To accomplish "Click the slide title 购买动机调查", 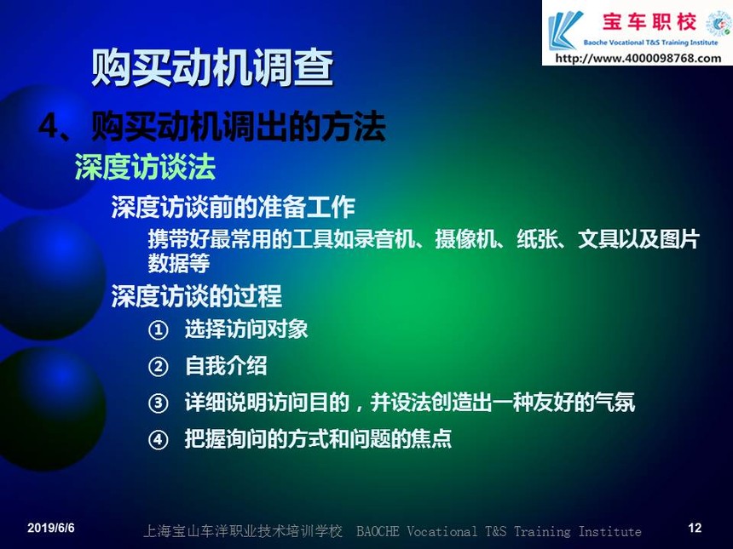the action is [211, 68].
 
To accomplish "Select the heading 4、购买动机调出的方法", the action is [211, 126].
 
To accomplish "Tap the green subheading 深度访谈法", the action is [145, 167].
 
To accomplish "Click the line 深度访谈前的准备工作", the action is [234, 208].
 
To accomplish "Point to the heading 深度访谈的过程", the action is [197, 296].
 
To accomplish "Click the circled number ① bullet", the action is [158, 330].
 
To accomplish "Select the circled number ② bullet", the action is [158, 367].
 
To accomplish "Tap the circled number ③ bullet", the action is [158, 403].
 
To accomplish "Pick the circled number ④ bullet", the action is [158, 440].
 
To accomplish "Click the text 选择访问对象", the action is [246, 329].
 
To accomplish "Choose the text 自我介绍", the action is [226, 365].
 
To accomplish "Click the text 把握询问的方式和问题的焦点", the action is [319, 439].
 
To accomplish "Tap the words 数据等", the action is [179, 263].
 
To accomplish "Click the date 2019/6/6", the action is [51, 528].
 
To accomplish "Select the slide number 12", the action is [695, 528].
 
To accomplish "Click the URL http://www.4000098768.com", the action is [638, 59].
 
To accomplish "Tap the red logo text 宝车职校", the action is [649, 22].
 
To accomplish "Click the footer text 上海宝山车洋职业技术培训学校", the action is [243, 531].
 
